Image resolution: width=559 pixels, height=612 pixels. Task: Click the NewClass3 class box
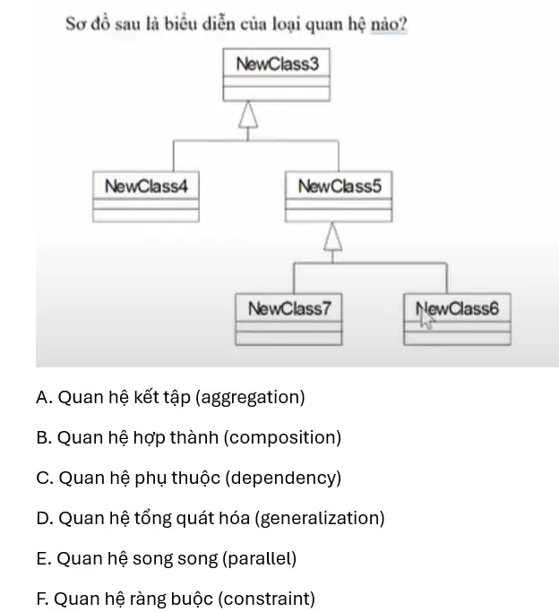[276, 75]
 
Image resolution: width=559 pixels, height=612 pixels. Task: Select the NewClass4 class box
[146, 197]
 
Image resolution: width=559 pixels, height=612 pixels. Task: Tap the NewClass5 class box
[339, 197]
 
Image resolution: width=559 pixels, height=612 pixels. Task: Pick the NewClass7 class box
[288, 319]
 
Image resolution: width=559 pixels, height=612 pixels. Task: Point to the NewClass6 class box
[457, 319]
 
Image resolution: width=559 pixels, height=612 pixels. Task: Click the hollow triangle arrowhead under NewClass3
[248, 115]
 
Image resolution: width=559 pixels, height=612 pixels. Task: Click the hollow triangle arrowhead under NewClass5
[332, 237]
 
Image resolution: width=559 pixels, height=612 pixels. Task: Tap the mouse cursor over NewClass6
[425, 317]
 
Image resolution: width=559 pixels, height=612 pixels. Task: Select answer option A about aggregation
[170, 397]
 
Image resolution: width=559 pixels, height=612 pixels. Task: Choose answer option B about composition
[189, 437]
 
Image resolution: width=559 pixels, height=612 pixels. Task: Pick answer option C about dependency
[189, 478]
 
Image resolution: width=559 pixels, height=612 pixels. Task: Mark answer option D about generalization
[211, 518]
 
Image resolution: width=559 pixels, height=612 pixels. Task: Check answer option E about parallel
[167, 558]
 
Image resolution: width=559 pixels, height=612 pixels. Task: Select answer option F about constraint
[176, 599]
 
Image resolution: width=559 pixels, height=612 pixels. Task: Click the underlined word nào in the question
[389, 24]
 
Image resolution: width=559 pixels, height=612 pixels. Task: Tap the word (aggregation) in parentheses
[250, 398]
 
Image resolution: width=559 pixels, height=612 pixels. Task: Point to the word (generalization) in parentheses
[320, 519]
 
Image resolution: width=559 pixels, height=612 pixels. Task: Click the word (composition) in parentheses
[282, 438]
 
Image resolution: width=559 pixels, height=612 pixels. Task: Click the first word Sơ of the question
[75, 24]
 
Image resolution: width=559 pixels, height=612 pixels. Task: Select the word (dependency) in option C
[283, 478]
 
